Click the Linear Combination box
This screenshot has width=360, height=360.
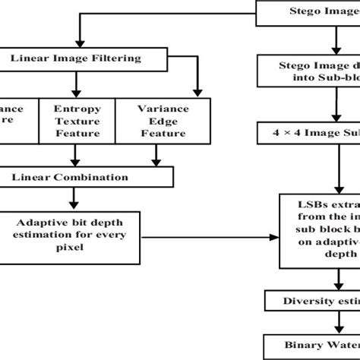click(x=71, y=177)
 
